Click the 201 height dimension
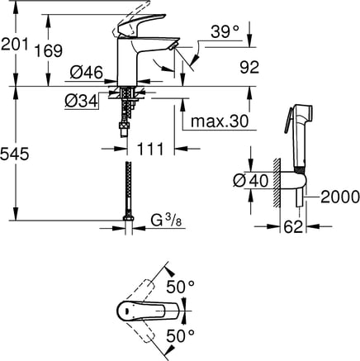pos(14,45)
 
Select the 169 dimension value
pos(49,51)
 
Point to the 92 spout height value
pos(249,67)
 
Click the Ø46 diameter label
pos(87,73)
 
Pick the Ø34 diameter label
pos(82,101)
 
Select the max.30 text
pos(220,121)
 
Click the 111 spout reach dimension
pos(150,149)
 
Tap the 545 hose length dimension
pos(14,154)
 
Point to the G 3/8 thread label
pos(167,221)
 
